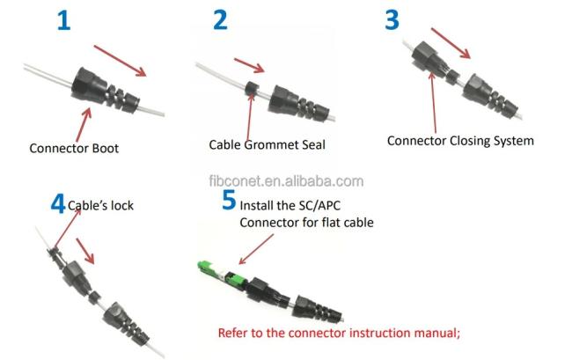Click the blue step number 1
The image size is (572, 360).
[62, 20]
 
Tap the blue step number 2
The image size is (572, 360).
[219, 20]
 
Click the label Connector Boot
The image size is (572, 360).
[73, 149]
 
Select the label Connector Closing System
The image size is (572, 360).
[460, 140]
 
